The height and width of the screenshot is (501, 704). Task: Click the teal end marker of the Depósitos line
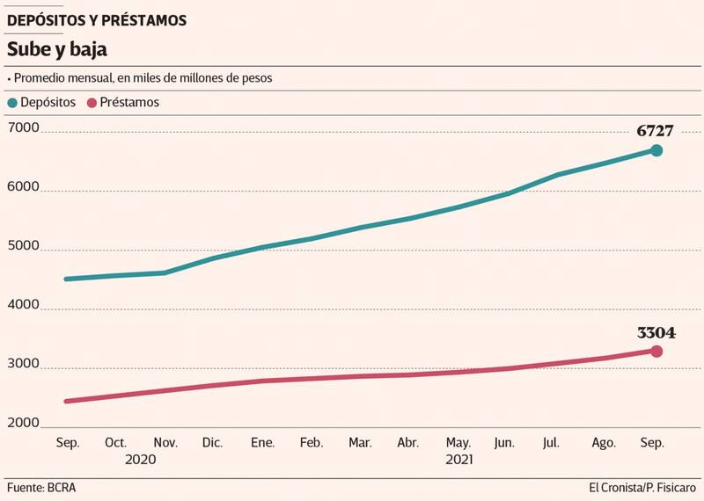click(656, 150)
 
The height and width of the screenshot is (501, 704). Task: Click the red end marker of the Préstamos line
click(656, 352)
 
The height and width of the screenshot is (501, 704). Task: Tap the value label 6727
click(656, 131)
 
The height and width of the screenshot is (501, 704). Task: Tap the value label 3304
click(656, 333)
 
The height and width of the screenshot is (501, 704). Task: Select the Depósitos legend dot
click(12, 103)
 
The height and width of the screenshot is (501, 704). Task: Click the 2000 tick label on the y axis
click(24, 424)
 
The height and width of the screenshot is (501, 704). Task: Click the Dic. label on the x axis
click(211, 443)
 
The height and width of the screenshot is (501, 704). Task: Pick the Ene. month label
click(260, 443)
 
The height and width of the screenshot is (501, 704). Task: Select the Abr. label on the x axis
click(408, 443)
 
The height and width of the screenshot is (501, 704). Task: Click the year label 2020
click(140, 460)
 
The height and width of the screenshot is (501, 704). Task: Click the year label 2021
click(459, 460)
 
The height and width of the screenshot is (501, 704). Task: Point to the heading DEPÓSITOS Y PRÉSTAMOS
click(97, 20)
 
